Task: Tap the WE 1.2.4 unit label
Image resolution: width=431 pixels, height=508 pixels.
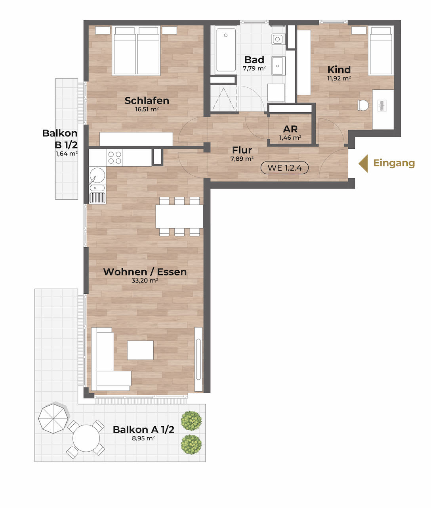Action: pyautogui.click(x=284, y=168)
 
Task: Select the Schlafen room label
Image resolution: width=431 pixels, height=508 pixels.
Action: pyautogui.click(x=147, y=100)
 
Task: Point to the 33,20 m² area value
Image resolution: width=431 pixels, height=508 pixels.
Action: pyautogui.click(x=145, y=281)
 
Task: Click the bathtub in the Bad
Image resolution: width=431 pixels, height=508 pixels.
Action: pyautogui.click(x=226, y=50)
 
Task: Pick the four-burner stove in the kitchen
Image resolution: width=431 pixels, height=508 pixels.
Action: pyautogui.click(x=115, y=158)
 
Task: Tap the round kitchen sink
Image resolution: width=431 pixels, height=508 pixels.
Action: pyautogui.click(x=97, y=175)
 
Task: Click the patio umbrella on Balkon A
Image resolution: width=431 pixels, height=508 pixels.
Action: pyautogui.click(x=53, y=419)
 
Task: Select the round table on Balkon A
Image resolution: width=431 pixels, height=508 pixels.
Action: pyautogui.click(x=86, y=438)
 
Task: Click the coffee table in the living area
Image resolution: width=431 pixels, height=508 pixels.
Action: pyautogui.click(x=140, y=350)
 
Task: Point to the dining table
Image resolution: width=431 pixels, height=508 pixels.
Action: pyautogui.click(x=179, y=217)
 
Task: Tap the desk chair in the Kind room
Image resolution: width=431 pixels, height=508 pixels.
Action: pyautogui.click(x=363, y=105)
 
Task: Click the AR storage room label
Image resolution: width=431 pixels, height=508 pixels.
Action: pyautogui.click(x=290, y=129)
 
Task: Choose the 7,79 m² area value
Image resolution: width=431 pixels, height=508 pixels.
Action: pyautogui.click(x=254, y=68)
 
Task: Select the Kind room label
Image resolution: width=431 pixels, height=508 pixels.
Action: pyautogui.click(x=339, y=70)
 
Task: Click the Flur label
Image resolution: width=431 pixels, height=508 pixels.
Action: pyautogui.click(x=242, y=150)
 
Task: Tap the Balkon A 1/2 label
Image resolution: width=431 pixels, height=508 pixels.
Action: pyautogui.click(x=143, y=429)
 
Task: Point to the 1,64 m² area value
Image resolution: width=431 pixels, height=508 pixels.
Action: pyautogui.click(x=67, y=154)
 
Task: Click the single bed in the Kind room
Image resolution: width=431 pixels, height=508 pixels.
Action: pyautogui.click(x=381, y=51)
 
